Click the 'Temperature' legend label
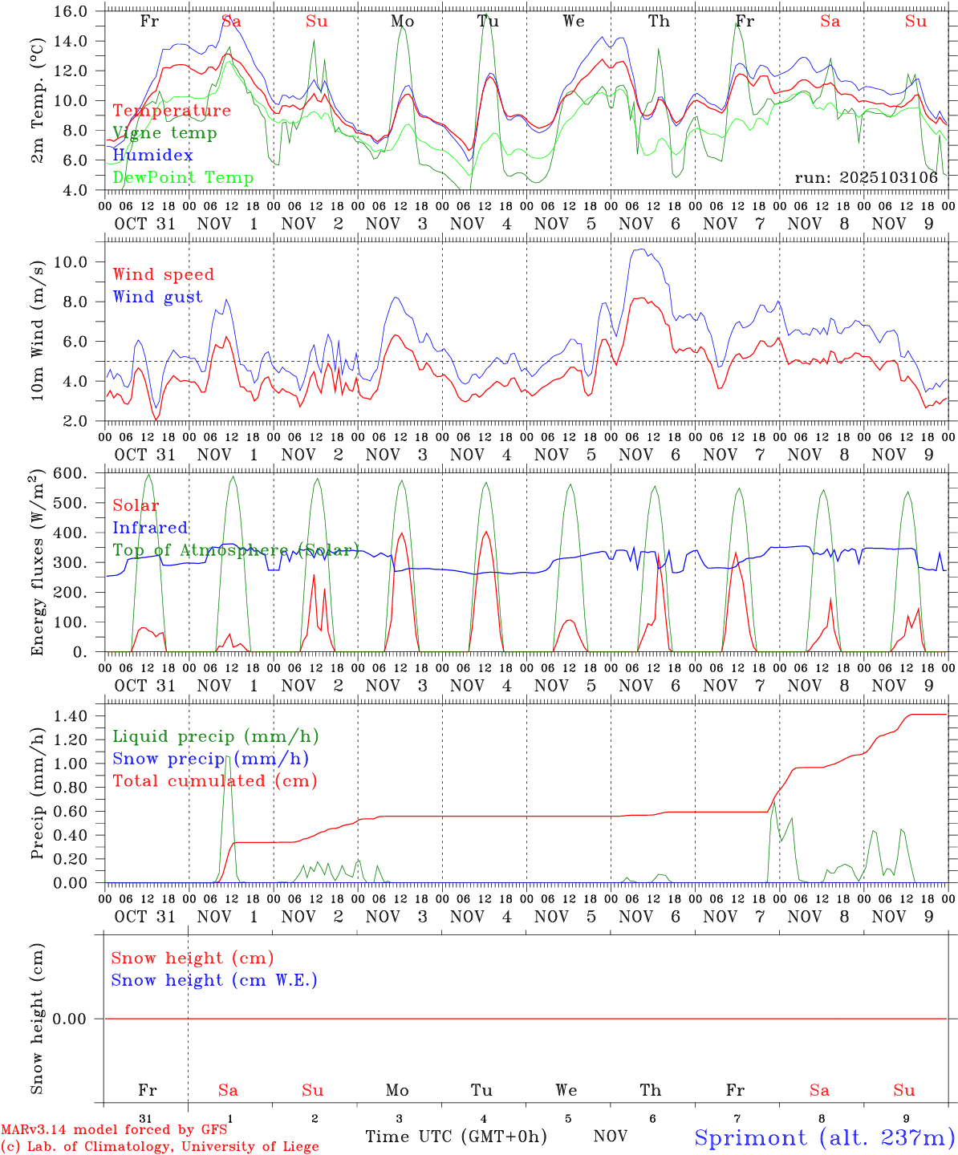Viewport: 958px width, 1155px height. [172, 111]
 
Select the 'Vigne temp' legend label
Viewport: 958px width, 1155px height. [164, 133]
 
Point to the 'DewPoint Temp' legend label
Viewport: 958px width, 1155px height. [183, 177]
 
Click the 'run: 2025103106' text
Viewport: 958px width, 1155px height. [866, 177]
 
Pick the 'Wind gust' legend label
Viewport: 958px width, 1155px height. [157, 297]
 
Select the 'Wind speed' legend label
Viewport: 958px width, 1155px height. [164, 274]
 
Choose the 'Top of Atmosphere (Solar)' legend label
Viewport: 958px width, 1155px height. [236, 550]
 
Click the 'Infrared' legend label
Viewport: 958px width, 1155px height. [150, 528]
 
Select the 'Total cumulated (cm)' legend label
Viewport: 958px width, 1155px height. [215, 780]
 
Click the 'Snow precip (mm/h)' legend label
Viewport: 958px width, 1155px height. [210, 759]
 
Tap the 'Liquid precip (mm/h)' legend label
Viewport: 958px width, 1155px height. [216, 736]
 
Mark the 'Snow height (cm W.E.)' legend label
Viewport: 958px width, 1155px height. [214, 980]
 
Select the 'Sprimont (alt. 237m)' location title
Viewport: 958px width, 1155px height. [824, 1137]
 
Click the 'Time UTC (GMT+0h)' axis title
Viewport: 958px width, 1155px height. [456, 1137]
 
